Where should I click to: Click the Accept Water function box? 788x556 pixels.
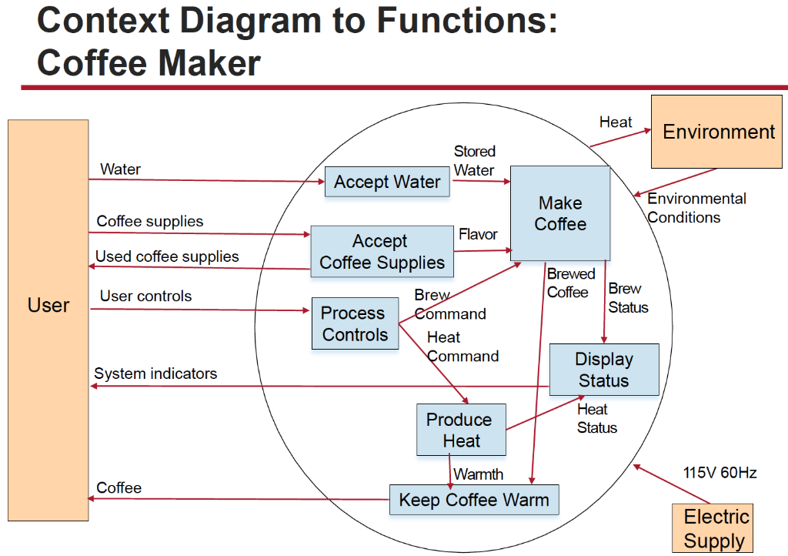[x=387, y=183]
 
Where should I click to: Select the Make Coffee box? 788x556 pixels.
[x=560, y=213]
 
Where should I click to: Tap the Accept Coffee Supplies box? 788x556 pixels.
[x=382, y=252]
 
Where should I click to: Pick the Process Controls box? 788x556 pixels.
[x=354, y=323]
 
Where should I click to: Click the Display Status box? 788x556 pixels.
[x=604, y=370]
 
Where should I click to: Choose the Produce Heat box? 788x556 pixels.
[x=461, y=430]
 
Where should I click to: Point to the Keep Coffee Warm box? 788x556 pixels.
[x=473, y=500]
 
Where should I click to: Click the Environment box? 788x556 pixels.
[x=719, y=132]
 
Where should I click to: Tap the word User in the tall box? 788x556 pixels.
[x=48, y=305]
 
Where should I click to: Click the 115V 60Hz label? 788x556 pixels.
[x=720, y=472]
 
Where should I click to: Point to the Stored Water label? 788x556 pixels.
[x=474, y=161]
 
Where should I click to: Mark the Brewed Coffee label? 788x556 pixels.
[x=570, y=283]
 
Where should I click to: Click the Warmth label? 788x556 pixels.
[x=479, y=474]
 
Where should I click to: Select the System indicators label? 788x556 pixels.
[x=155, y=373]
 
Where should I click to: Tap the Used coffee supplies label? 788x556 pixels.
[x=167, y=256]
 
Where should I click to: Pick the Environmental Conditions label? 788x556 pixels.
[x=696, y=208]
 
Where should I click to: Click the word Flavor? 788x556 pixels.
[x=478, y=234]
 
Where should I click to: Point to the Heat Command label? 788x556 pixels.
[x=461, y=347]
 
